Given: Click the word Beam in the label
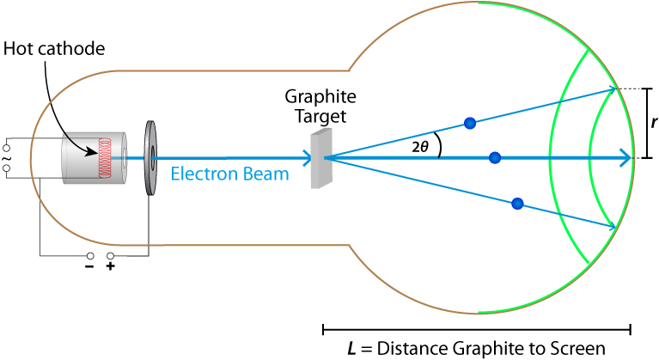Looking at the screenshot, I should tap(264, 174).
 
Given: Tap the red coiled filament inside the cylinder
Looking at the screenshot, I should tap(107, 157).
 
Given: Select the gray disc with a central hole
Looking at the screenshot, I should tap(151, 157).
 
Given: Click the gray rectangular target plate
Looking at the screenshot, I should tap(320, 158).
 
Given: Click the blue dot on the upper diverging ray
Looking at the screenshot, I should tap(470, 123).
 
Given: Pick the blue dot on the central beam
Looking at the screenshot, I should tap(495, 157).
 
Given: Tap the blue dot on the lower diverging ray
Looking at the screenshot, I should tap(517, 204).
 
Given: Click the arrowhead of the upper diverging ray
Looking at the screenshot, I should tap(613, 88).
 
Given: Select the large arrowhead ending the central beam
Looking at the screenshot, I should tap(625, 157).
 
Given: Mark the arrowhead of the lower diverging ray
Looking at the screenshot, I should tap(613, 227).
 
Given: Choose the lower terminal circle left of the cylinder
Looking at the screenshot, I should tap(7, 168).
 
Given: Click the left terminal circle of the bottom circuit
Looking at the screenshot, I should tap(90, 255).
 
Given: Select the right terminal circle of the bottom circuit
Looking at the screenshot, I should tap(110, 255).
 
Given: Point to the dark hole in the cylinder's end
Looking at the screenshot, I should tap(125, 157).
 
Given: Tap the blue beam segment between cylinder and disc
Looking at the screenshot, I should tap(136, 157).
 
